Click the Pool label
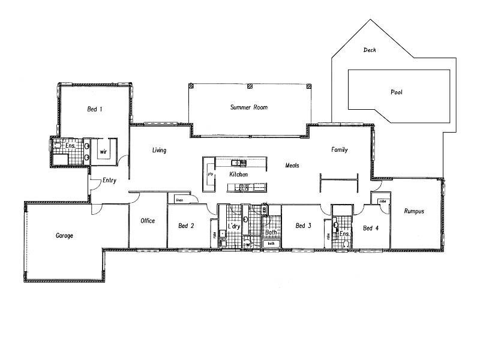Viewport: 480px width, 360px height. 396,93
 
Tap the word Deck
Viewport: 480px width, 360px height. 370,50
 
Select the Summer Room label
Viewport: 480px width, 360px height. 248,108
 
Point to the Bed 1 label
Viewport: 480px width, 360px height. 95,109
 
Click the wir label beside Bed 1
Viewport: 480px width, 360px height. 103,152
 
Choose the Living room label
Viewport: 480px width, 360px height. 159,151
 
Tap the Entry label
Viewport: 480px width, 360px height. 109,181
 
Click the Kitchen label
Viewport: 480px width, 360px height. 238,175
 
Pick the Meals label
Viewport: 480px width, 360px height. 292,166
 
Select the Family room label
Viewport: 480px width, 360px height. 340,150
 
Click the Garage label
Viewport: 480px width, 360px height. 64,236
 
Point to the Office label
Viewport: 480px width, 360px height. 148,221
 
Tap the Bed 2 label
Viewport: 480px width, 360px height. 186,226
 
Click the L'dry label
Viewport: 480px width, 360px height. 234,226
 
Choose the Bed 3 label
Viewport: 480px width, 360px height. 304,226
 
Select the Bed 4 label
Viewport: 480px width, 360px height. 371,228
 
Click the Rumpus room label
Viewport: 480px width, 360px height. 414,211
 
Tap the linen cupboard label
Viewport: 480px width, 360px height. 179,200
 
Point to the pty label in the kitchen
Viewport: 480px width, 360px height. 211,174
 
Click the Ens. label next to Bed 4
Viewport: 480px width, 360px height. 344,234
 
